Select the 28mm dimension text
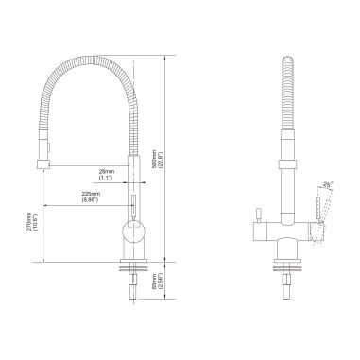[x=106, y=170]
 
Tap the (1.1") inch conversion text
[x=106, y=177]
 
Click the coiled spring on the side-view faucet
[x=287, y=104]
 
